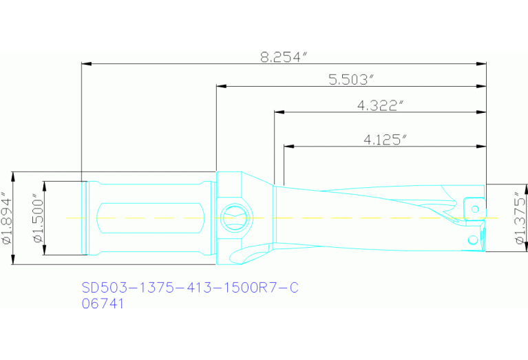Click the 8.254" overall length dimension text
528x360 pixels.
pyautogui.click(x=282, y=57)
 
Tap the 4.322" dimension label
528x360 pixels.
pyautogui.click(x=380, y=105)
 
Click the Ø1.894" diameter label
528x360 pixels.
pyautogui.click(x=7, y=218)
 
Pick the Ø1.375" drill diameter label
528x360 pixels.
pyautogui.click(x=519, y=220)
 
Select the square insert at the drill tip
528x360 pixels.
pyautogui.click(x=473, y=208)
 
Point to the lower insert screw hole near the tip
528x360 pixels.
pyautogui.click(x=472, y=240)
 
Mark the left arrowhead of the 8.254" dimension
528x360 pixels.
pyautogui.click(x=86, y=64)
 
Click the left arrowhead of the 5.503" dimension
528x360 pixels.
pyautogui.click(x=221, y=87)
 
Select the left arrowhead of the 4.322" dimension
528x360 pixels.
pyautogui.click(x=278, y=112)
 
